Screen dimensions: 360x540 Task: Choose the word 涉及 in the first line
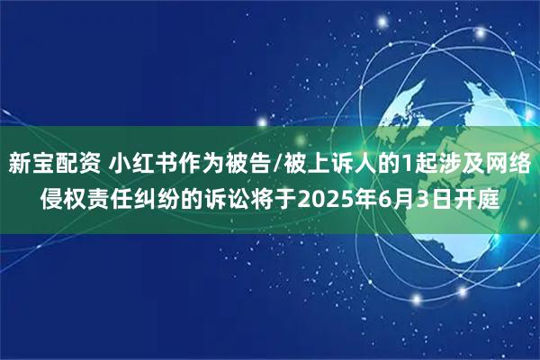tap(446, 164)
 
